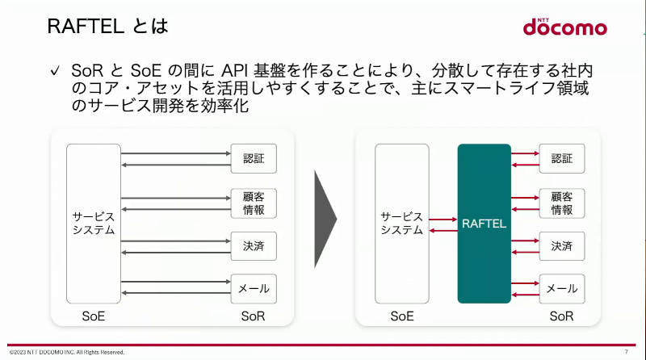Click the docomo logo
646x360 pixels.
[x=564, y=27]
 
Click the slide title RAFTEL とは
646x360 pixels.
[x=108, y=26]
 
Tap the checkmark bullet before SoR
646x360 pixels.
[x=55, y=71]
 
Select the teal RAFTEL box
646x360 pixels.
[x=484, y=224]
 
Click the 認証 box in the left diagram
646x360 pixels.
[x=254, y=158]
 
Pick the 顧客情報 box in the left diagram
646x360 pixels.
[x=254, y=203]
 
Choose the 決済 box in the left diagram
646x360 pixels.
[x=254, y=246]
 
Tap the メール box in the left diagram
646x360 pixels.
[x=254, y=289]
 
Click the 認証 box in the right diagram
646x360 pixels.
[x=562, y=158]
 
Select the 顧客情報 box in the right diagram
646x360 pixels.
[x=562, y=203]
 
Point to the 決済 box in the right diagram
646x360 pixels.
[x=562, y=246]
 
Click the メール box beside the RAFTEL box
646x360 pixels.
[x=562, y=289]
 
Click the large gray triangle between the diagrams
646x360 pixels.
[x=324, y=219]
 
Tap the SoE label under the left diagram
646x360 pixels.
[x=94, y=316]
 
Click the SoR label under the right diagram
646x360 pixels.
[x=561, y=316]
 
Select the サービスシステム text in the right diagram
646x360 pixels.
[x=401, y=224]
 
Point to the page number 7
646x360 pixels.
[x=627, y=352]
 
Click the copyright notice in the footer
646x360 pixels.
[x=67, y=352]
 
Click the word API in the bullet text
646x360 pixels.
[x=234, y=70]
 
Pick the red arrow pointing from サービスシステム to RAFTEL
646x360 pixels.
[x=443, y=219]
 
